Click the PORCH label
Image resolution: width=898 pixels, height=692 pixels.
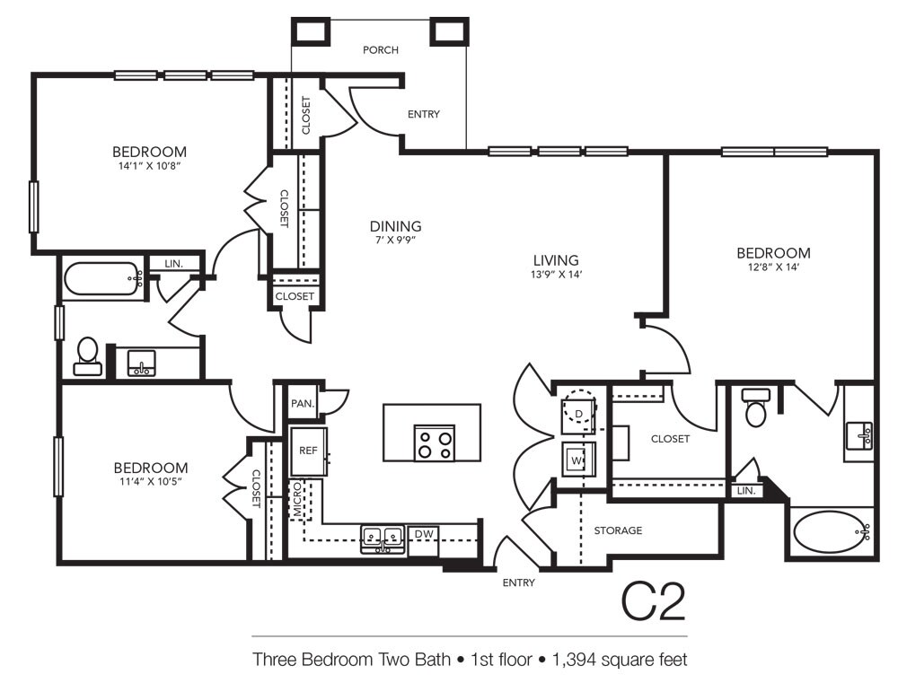pos(380,50)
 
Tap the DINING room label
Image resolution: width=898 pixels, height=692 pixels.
pos(395,226)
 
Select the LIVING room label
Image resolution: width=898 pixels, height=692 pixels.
pos(556,260)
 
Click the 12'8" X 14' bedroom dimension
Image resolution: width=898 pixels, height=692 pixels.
pos(773,267)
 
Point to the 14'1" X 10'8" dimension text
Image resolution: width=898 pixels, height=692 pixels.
pos(149,166)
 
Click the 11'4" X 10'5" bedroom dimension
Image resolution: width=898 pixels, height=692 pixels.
pos(151,481)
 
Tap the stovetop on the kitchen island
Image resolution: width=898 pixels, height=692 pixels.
pos(435,443)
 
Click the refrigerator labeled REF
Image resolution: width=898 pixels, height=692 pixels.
pos(308,451)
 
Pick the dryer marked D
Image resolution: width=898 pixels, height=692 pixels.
pos(579,413)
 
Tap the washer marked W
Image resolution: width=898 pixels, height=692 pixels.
pos(577,460)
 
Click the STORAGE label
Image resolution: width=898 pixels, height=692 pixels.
pos(618,530)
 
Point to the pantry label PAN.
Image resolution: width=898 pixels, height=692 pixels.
pos(303,404)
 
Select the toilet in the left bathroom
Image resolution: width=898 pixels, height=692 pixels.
pos(88,356)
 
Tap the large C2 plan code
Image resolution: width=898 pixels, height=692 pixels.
pos(654,601)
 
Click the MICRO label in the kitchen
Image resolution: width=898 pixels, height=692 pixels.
pos(297,499)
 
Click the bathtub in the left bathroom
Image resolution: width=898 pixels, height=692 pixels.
pos(103,279)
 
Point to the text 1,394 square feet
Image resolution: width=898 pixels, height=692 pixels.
pos(620,660)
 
